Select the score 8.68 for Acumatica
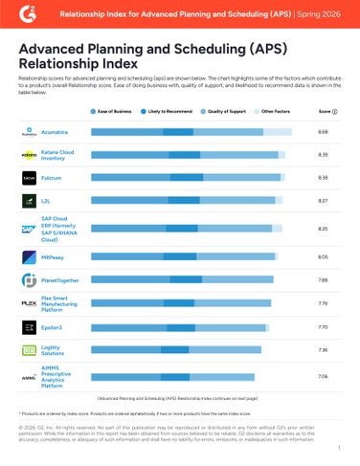click(323, 130)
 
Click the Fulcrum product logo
click(29, 178)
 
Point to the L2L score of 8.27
click(323, 201)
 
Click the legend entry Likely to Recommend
click(166, 112)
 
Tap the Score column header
click(324, 112)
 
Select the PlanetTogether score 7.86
click(323, 279)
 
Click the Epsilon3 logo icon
click(29, 326)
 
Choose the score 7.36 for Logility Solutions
click(323, 350)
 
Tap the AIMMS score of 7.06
click(323, 377)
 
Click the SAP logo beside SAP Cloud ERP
click(29, 228)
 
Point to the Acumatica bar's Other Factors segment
click(278, 131)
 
